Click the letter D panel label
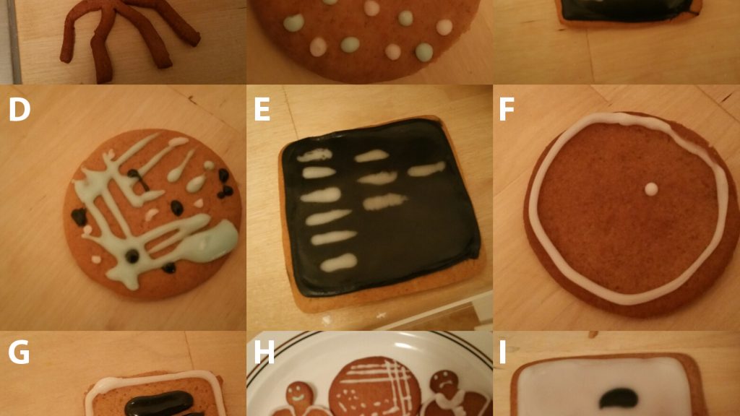(20, 110)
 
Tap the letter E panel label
(262, 110)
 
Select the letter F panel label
(507, 110)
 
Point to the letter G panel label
(19, 352)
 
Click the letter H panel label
(264, 352)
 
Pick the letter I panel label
(502, 352)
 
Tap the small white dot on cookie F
(651, 189)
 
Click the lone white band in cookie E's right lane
(426, 169)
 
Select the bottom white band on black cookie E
(338, 262)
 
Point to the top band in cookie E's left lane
(314, 155)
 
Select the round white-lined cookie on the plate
(375, 388)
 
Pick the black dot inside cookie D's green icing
(132, 256)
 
